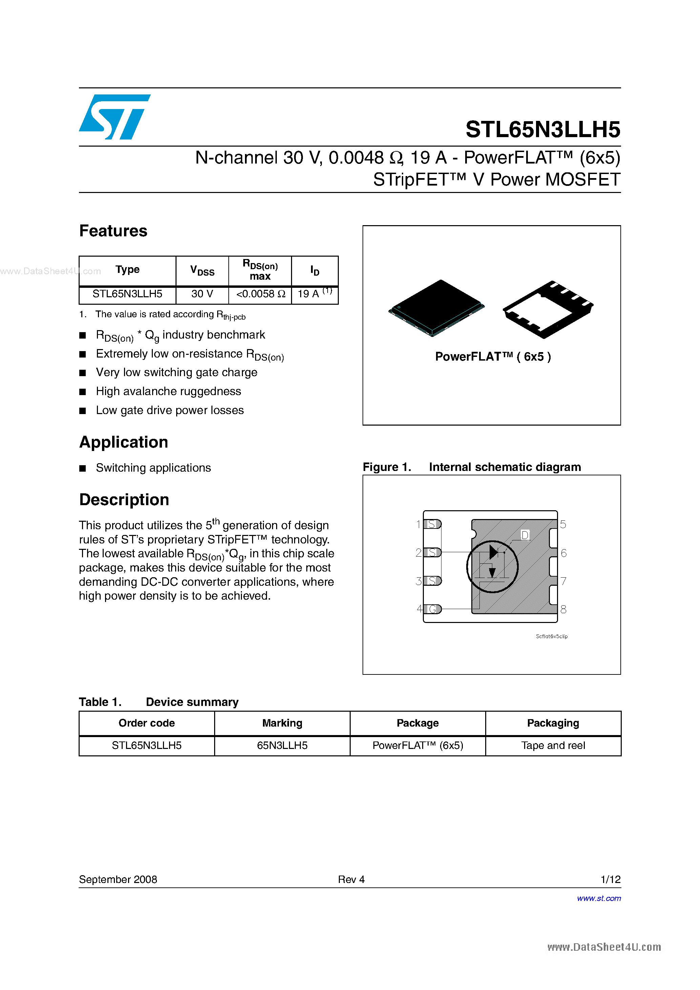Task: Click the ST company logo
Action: (x=115, y=117)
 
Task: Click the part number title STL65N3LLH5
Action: (x=542, y=129)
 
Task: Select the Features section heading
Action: (x=113, y=231)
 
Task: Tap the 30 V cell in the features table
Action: (x=202, y=294)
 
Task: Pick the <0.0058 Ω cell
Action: (x=260, y=294)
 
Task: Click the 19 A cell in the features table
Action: (x=314, y=294)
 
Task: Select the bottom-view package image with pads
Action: (x=548, y=308)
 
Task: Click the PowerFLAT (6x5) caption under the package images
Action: (x=492, y=357)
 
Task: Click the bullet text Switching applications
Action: (x=153, y=468)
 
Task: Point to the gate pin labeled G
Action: (x=432, y=609)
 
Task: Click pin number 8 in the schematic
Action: (x=563, y=609)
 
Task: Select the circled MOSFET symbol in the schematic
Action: (x=492, y=566)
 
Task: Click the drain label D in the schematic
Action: (x=525, y=535)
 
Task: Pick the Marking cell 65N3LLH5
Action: (x=282, y=746)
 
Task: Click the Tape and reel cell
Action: (x=553, y=746)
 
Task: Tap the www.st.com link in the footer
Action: (x=599, y=898)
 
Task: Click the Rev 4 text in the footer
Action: (x=351, y=879)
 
